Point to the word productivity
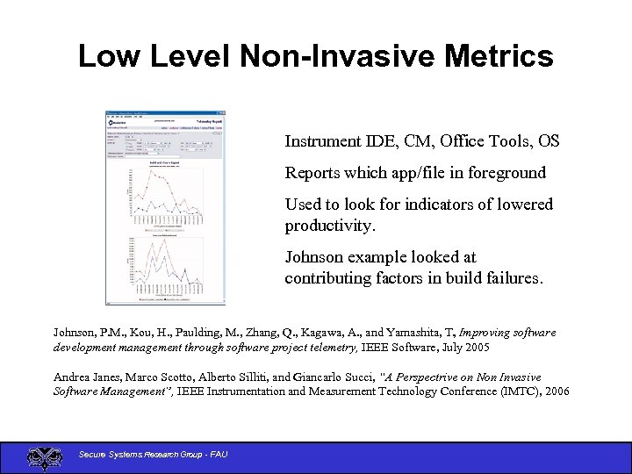coord(329,226)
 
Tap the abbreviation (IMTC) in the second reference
coord(509,391)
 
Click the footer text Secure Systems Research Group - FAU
coord(154,454)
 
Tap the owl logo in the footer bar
coord(45,457)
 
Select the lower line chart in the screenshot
coord(165,264)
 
